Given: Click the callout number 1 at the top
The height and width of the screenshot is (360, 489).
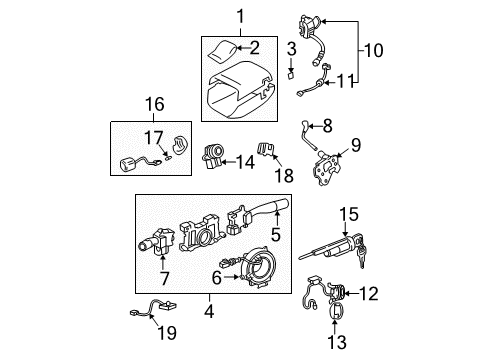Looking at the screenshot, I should pos(239,14).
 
